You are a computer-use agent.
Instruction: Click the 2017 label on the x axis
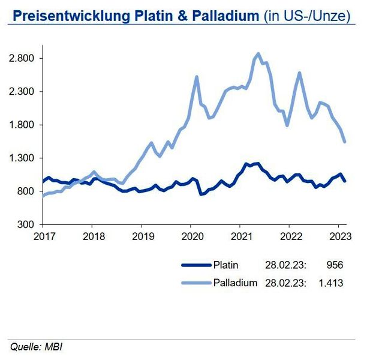43,235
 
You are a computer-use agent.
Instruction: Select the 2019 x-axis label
141,235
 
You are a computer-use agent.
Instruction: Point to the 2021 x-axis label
240,235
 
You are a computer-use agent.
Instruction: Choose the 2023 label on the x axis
339,235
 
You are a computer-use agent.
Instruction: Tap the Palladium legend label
235,282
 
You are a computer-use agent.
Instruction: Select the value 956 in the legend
335,265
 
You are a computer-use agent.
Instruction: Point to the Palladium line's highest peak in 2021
258,53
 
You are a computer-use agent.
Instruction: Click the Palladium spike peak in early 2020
196,77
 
